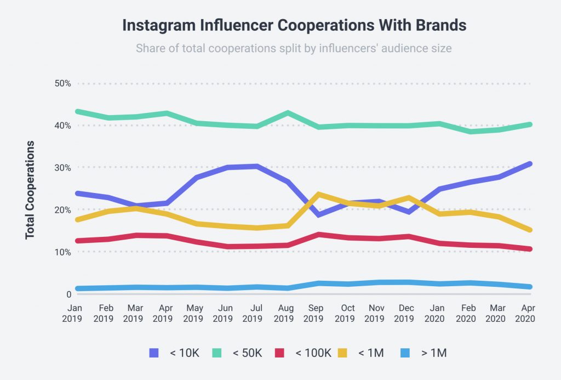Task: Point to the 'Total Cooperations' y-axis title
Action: tap(31, 190)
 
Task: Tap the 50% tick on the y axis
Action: tap(62, 83)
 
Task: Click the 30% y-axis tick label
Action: tap(62, 167)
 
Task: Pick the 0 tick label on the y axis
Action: tap(68, 294)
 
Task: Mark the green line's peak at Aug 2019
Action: tap(288, 113)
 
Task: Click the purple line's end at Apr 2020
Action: tap(529, 164)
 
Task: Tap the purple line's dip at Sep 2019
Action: tap(318, 214)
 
